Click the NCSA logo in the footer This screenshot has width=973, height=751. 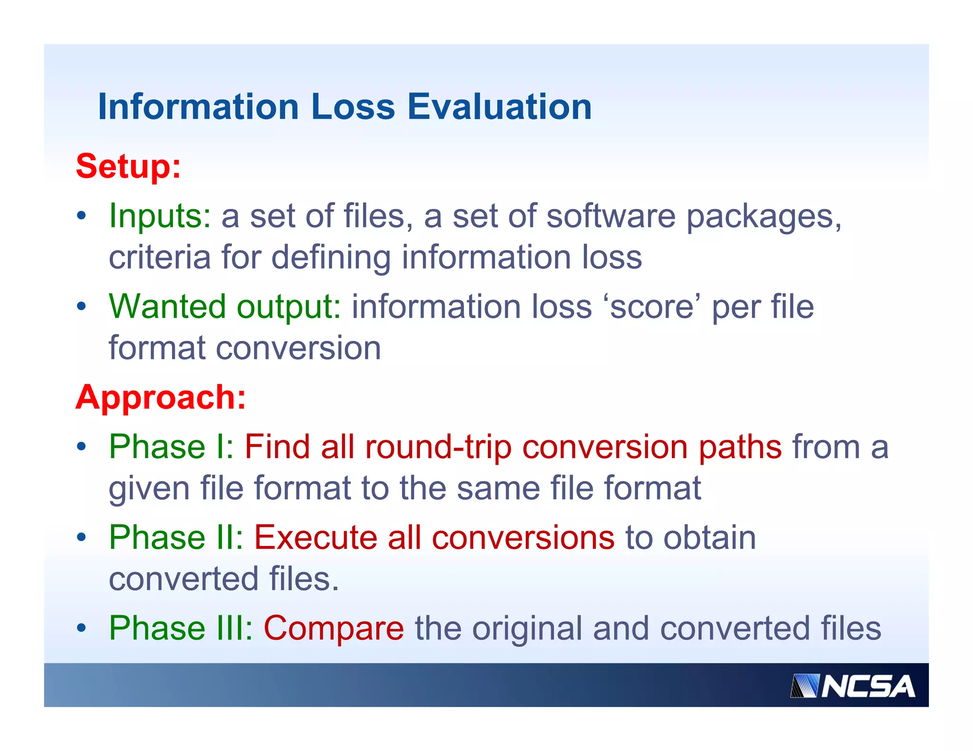coord(852,686)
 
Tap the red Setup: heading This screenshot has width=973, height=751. coord(128,167)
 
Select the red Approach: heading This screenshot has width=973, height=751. coord(161,397)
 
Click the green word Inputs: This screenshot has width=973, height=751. coord(160,216)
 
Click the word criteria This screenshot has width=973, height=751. coord(160,257)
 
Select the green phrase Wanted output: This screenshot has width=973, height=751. coord(225,307)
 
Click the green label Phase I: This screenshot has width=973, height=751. coord(171,447)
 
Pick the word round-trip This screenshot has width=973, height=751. coord(438,447)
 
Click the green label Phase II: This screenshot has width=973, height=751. coord(176,537)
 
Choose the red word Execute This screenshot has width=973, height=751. coord(315,537)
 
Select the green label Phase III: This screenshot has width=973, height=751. coord(181,628)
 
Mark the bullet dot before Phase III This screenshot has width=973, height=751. coord(82,628)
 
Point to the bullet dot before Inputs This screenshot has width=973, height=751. coord(82,216)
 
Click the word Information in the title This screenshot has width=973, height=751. coord(198,107)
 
